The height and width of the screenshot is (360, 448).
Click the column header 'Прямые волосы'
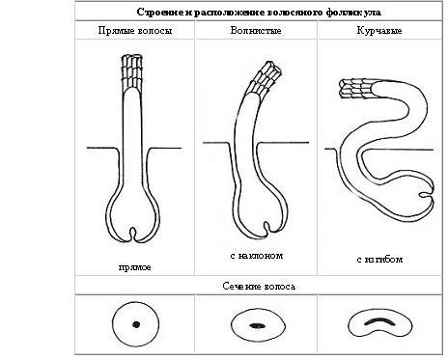click(x=135, y=31)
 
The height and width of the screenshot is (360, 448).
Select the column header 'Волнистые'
click(x=256, y=31)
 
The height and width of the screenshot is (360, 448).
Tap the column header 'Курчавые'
click(x=379, y=31)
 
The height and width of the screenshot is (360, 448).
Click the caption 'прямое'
click(x=134, y=267)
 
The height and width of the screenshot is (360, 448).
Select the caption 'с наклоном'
click(x=257, y=256)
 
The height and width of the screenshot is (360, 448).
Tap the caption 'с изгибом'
click(x=379, y=260)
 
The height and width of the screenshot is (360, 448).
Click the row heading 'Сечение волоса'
click(x=259, y=287)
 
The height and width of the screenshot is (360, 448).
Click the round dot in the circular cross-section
click(x=136, y=324)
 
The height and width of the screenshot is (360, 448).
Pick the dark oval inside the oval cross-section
click(x=258, y=326)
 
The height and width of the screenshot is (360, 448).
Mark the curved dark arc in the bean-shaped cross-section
click(x=380, y=321)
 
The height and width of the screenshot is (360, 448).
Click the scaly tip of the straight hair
click(x=132, y=71)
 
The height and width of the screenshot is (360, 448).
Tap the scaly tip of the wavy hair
click(x=265, y=79)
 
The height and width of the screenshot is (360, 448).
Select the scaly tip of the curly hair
click(x=356, y=88)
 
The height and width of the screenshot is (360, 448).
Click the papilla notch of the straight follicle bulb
click(x=132, y=235)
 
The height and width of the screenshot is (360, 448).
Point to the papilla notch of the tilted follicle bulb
click(x=266, y=228)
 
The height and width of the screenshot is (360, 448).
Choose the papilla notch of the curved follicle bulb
click(x=426, y=195)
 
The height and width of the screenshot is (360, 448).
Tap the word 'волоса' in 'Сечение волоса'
click(x=279, y=287)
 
